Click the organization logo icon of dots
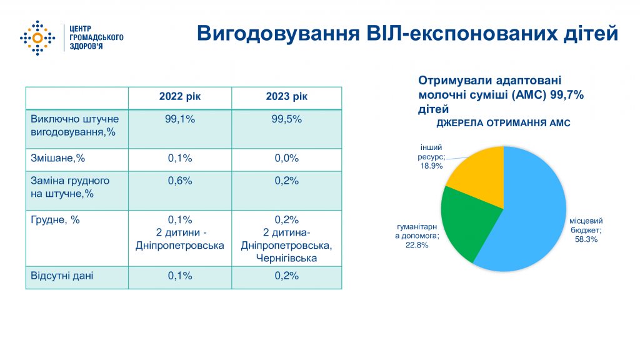pyautogui.click(x=37, y=38)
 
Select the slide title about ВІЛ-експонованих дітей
pyautogui.click(x=407, y=33)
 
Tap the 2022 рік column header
pyautogui.click(x=180, y=96)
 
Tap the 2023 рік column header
pyautogui.click(x=286, y=96)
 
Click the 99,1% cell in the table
pyautogui.click(x=180, y=119)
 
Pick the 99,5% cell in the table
pyautogui.click(x=286, y=119)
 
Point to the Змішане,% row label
pyautogui.click(x=57, y=158)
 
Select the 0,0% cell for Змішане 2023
pyautogui.click(x=286, y=158)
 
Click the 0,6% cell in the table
pyautogui.click(x=180, y=181)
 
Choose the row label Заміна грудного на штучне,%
pyautogui.click(x=70, y=187)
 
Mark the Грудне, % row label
pyautogui.click(x=55, y=220)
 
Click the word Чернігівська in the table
pyautogui.click(x=286, y=258)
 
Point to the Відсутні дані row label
pyautogui.click(x=62, y=276)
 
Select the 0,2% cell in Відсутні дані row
pyautogui.click(x=286, y=276)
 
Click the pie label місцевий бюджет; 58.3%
pyautogui.click(x=586, y=230)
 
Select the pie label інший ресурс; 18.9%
pyautogui.click(x=431, y=157)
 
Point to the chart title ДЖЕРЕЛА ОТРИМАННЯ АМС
pyautogui.click(x=503, y=123)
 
